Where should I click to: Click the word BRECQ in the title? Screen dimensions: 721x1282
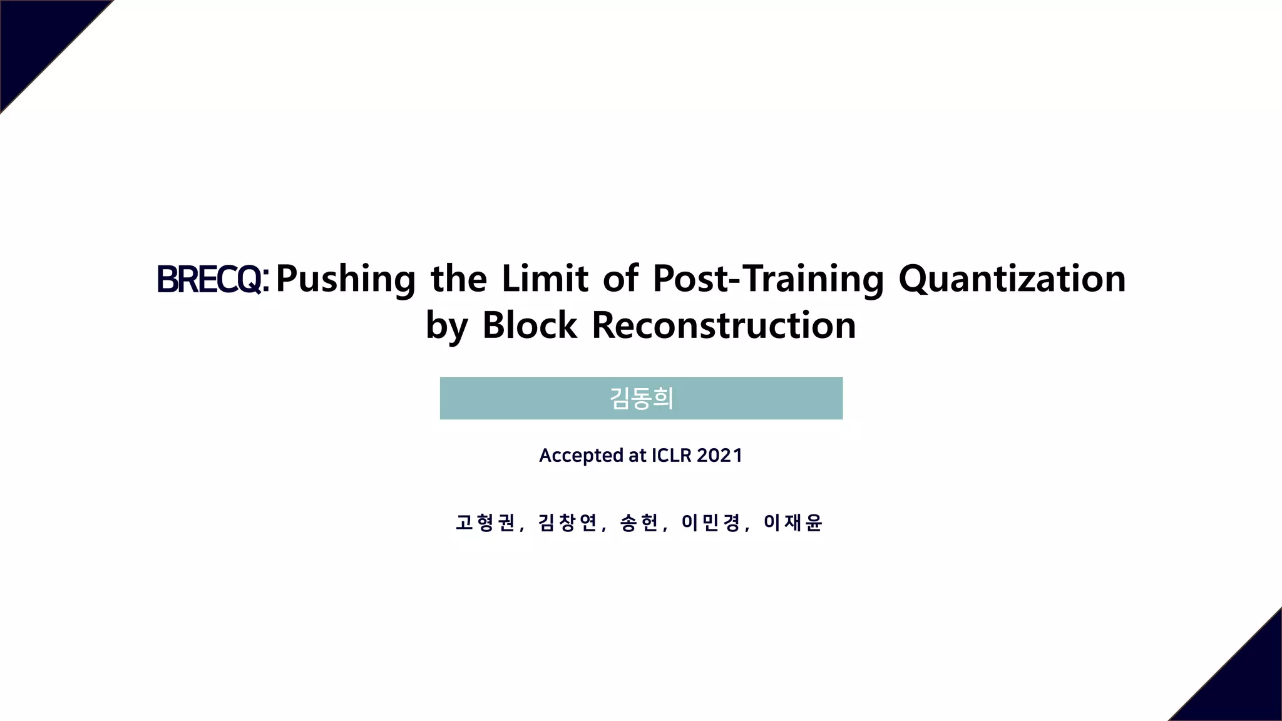point(209,279)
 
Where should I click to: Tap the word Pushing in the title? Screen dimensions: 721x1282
point(346,279)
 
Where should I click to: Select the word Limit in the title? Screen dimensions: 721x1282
point(545,279)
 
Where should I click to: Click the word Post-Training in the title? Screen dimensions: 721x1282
point(768,279)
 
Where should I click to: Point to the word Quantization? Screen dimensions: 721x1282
point(1012,279)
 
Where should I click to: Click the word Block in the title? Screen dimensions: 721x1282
point(530,325)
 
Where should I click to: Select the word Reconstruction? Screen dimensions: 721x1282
point(724,325)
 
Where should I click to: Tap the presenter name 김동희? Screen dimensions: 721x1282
point(641,398)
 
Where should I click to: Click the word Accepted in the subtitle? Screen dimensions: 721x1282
point(582,456)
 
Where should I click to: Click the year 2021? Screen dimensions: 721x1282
point(719,455)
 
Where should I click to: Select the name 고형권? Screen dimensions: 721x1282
point(485,522)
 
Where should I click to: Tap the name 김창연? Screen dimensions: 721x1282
point(568,522)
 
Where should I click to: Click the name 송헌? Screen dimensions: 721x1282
point(639,522)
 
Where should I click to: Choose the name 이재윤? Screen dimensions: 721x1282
point(792,522)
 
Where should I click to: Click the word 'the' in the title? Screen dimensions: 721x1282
point(459,279)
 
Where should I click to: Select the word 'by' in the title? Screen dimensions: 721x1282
point(446,327)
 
